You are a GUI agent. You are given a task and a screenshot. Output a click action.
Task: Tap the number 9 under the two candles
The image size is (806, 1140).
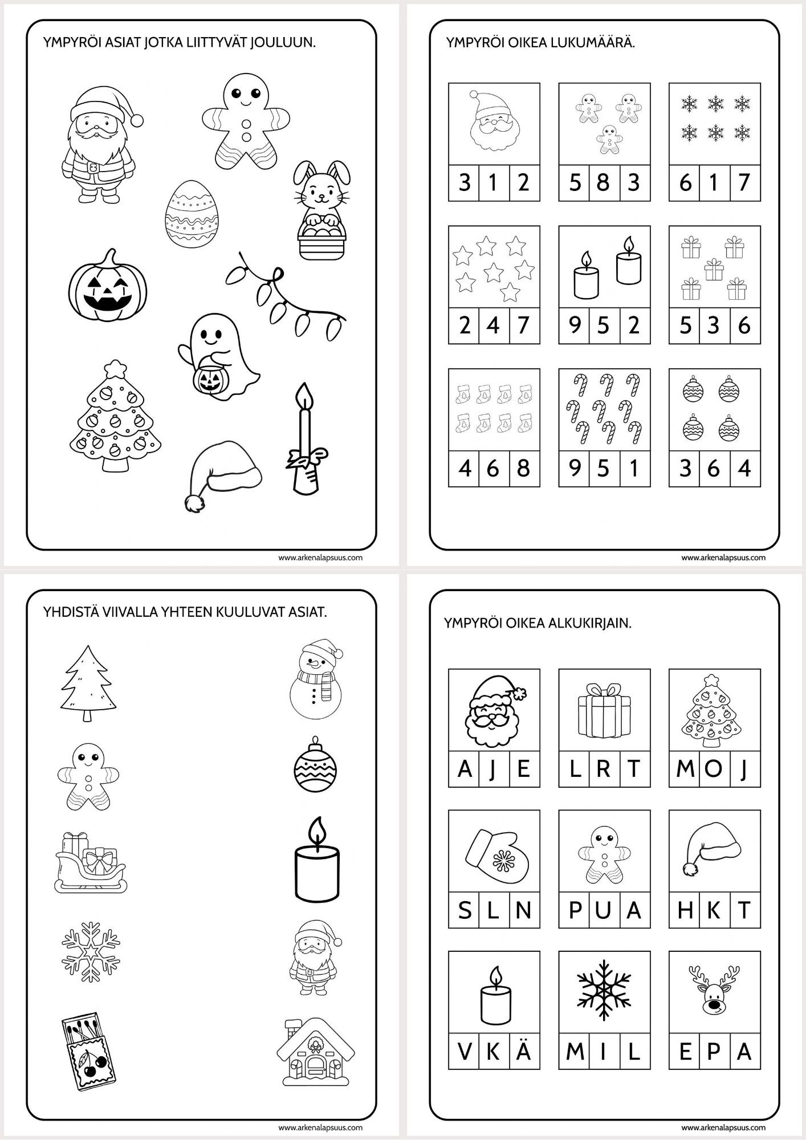575,325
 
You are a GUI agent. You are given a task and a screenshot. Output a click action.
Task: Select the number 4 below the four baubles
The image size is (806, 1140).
743,469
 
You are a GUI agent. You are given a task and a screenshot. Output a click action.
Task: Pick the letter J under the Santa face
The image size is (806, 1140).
494,768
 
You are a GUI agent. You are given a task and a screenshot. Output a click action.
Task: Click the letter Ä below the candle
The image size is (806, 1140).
523,1050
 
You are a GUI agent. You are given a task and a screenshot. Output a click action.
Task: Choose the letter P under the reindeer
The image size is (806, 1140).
715,1051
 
